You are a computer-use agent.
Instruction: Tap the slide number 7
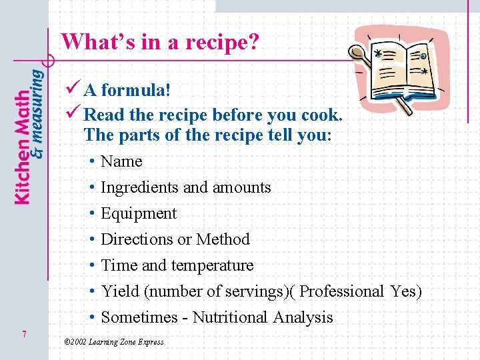(x=24, y=334)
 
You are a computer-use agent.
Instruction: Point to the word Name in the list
(x=121, y=162)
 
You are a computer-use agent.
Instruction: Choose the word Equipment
(x=139, y=214)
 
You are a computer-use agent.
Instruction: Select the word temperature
(x=212, y=265)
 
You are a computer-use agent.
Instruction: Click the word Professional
(x=342, y=291)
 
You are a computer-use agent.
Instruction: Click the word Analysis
(x=303, y=317)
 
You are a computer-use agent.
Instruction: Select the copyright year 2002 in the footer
(x=79, y=342)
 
